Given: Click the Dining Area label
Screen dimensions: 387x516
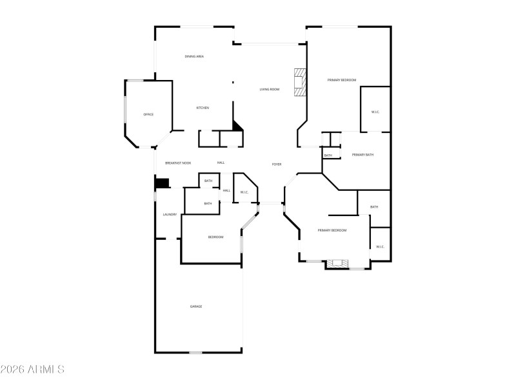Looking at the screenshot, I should tap(194, 57).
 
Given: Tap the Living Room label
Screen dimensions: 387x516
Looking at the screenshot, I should tap(270, 89).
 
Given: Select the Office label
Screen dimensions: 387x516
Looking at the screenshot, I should tap(148, 114).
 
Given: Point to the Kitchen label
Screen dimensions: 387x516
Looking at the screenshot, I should tap(203, 108).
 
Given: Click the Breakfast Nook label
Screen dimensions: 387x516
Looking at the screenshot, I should tap(178, 163).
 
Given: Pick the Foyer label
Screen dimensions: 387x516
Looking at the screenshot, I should tap(277, 164).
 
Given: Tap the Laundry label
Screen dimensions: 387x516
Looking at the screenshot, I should tap(170, 215).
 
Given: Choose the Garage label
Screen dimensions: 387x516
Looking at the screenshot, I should tap(196, 306).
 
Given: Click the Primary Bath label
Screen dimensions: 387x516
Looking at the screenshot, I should tap(362, 155).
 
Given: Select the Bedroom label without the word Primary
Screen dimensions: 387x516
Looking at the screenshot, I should tap(215, 237).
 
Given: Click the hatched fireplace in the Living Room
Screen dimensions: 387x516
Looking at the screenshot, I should tap(300, 82).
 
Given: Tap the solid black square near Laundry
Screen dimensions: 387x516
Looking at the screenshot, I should tap(162, 183).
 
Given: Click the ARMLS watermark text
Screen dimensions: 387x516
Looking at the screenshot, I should tap(32, 370).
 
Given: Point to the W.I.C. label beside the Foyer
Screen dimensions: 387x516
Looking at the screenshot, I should tap(244, 192).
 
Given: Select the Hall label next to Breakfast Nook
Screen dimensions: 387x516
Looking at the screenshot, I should tap(221, 163).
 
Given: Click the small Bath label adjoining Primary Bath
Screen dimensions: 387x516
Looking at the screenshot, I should tap(328, 155).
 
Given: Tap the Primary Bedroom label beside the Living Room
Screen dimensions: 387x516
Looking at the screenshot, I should tap(342, 80).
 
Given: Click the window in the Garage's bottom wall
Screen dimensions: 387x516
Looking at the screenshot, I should tap(195, 352).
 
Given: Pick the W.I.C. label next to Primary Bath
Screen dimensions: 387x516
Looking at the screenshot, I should tap(375, 112).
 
